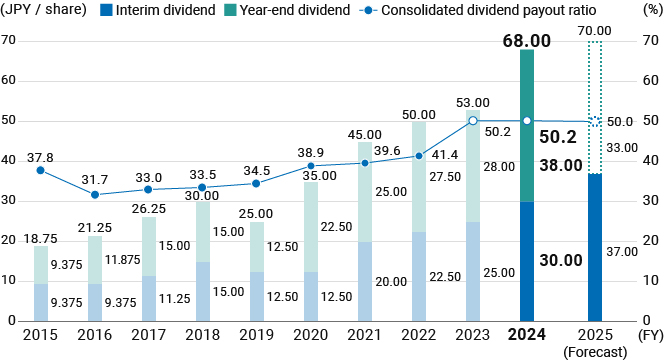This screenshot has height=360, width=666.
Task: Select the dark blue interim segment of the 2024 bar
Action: coord(527,262)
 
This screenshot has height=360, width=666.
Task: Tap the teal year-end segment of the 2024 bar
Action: coord(527,125)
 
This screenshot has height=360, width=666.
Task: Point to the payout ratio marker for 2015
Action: coord(40,170)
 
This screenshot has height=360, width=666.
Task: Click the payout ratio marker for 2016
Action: coord(94,194)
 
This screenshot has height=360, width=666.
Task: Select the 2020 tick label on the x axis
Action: coord(311,335)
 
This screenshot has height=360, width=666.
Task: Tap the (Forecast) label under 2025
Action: coord(595,351)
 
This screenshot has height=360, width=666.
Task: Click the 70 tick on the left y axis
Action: coord(9,41)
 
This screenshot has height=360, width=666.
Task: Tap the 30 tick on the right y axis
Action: coord(648,201)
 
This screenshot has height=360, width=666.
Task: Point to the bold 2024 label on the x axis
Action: coord(527,335)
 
